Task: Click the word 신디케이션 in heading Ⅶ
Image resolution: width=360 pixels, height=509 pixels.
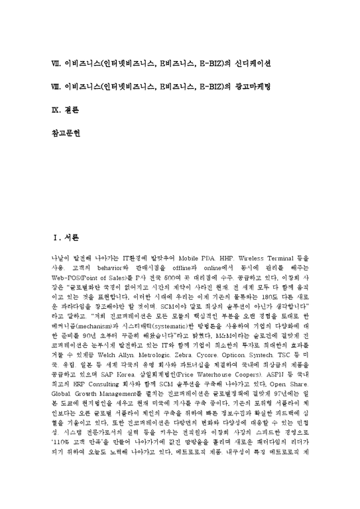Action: tap(250, 64)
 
